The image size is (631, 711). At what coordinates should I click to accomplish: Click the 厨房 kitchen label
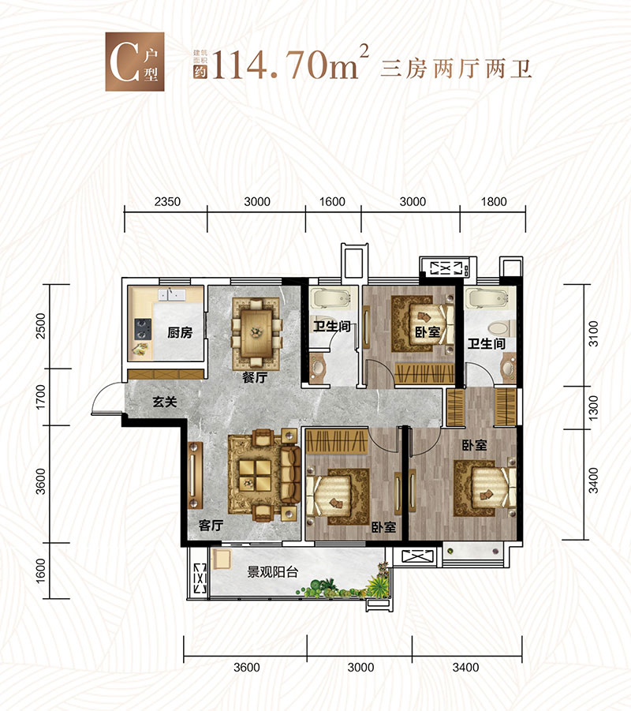[x=180, y=333]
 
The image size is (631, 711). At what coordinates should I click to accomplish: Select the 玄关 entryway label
[x=164, y=402]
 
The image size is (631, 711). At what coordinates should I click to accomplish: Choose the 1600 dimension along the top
[x=333, y=202]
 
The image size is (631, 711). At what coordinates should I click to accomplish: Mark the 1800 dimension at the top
[x=493, y=202]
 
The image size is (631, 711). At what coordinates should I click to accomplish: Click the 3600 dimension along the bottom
[x=246, y=668]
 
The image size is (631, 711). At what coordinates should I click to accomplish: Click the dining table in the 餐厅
[x=256, y=324]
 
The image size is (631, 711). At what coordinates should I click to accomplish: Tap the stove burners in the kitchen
[x=143, y=327]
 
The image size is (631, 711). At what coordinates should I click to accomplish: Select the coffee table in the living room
[x=254, y=475]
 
